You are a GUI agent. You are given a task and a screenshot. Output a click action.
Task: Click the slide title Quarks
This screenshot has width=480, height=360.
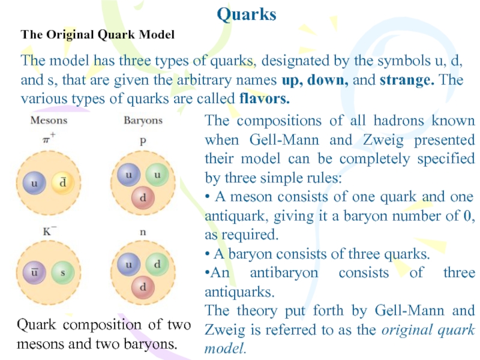pos(246,14)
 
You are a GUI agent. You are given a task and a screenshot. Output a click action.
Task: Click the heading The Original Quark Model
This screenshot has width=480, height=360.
pos(98,35)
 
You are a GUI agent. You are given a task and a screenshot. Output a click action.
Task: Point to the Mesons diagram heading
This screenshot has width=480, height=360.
pos(49,121)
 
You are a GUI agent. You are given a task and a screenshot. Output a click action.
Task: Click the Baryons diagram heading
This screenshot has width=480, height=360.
pos(143,121)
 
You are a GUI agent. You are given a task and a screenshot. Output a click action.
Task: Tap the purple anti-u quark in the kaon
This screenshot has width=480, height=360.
pos(35,273)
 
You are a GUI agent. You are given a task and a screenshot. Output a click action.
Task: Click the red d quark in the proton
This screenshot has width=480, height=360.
pos(142,196)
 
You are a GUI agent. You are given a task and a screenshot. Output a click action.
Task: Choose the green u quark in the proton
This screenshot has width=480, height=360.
pos(157,174)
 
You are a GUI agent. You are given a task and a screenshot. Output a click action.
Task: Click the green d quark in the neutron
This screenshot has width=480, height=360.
pos(157,264)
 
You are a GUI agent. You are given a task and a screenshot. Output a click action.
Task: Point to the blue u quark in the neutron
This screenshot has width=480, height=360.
pos(128,264)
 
